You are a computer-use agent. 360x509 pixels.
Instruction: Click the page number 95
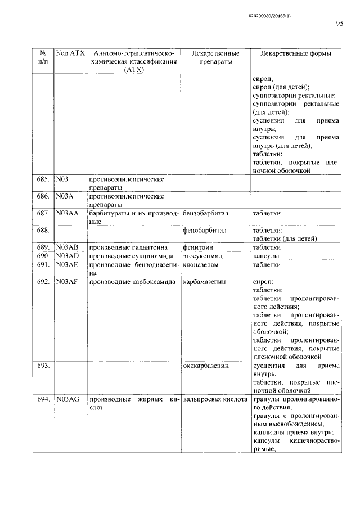click(339, 24)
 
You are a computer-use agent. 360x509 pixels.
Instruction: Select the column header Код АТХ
click(70, 53)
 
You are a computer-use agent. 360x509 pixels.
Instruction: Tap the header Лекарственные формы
click(295, 53)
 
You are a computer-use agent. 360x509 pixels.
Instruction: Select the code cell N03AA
click(68, 214)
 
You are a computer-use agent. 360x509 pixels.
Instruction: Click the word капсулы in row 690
click(267, 256)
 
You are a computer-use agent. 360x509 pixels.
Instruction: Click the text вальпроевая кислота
click(215, 399)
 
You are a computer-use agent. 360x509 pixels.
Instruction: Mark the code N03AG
click(67, 399)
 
